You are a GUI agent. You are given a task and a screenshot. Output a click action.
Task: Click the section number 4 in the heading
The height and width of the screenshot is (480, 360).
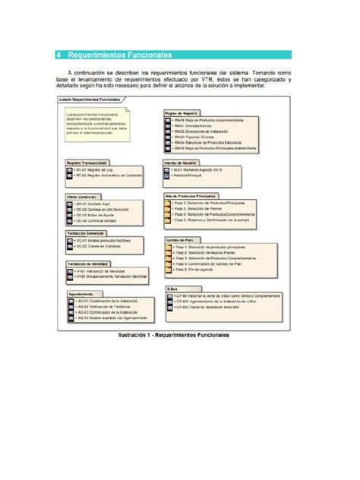tap(60, 55)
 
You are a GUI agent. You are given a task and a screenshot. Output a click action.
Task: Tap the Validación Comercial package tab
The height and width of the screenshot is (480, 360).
tap(85, 232)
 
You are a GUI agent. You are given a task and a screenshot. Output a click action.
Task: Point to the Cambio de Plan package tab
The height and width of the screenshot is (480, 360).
tap(179, 239)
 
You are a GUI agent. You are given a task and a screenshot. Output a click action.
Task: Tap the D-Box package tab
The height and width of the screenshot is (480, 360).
tap(172, 289)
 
